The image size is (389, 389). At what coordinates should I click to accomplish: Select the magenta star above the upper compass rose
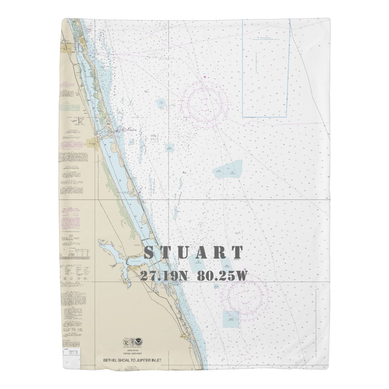coord(205,77)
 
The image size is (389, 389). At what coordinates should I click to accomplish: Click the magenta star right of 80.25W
coord(245,269)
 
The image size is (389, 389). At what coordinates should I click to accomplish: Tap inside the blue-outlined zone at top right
coord(266,68)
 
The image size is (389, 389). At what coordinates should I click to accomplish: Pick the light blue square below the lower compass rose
coord(231,319)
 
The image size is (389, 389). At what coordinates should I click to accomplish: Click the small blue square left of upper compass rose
coord(161,103)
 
